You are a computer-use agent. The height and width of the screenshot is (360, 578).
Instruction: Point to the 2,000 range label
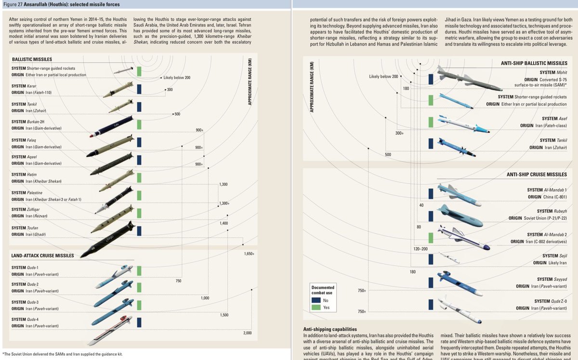click(248, 333)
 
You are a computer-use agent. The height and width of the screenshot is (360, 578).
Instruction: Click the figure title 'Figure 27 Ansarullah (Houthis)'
click(63, 4)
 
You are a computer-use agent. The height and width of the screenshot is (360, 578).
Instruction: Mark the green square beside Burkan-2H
click(139, 124)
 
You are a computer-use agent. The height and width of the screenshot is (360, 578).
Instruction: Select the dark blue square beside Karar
click(139, 89)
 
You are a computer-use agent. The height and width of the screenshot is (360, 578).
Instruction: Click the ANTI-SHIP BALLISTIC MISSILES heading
click(534, 63)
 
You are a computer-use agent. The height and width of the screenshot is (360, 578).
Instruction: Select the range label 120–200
click(420, 249)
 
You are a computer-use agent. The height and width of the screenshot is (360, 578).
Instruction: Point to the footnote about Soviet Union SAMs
click(63, 355)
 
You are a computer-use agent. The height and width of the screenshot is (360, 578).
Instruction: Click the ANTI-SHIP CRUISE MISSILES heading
click(537, 174)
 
